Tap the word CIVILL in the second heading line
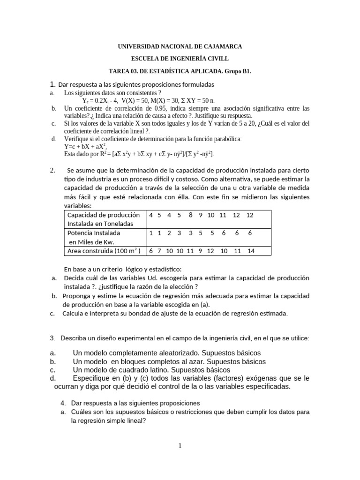(x=218, y=59)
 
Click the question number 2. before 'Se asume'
(x=53, y=170)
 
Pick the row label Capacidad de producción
(x=104, y=215)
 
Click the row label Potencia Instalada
(x=94, y=232)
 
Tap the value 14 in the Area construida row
(x=251, y=251)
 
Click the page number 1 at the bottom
(x=180, y=446)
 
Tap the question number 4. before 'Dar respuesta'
(x=64, y=403)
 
